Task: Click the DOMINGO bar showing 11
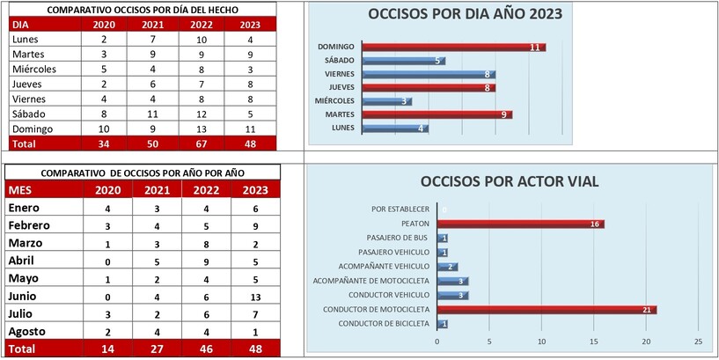click(x=454, y=47)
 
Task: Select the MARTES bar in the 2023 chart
click(x=437, y=114)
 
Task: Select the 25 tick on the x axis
click(x=698, y=341)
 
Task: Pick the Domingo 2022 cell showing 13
click(x=202, y=129)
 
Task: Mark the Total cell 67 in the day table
click(x=202, y=143)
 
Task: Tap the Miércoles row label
click(x=35, y=69)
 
